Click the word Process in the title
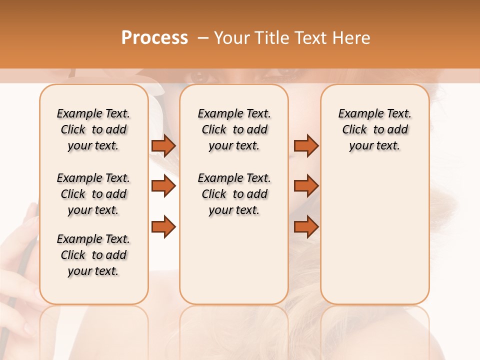point(154,38)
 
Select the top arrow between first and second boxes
point(163,146)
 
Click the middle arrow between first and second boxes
point(163,186)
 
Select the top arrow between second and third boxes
point(306,146)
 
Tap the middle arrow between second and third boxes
point(306,186)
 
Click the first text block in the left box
point(93,129)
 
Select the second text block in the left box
point(93,194)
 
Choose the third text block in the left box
point(93,255)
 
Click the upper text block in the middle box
point(234,129)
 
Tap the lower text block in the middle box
point(234,194)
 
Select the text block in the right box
point(375,129)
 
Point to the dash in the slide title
point(202,38)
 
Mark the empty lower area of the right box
point(375,235)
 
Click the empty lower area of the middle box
point(234,260)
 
